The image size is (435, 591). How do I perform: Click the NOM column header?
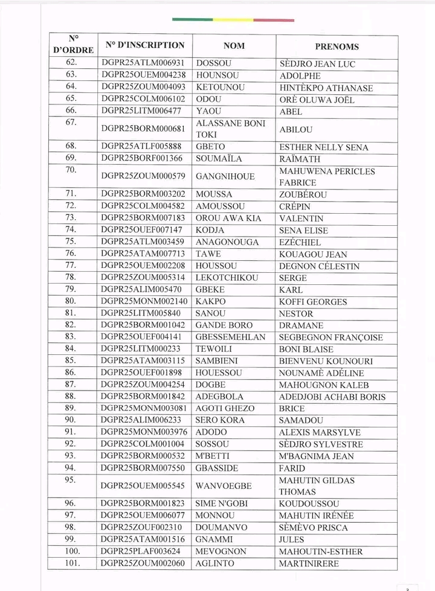pyautogui.click(x=234, y=45)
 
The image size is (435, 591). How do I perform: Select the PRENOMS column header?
pyautogui.click(x=337, y=46)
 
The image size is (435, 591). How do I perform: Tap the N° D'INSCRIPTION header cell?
pyautogui.click(x=144, y=45)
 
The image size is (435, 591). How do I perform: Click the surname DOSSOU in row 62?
pyautogui.click(x=214, y=63)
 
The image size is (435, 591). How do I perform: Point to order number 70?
pyautogui.click(x=71, y=170)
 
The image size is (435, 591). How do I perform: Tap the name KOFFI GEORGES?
pyautogui.click(x=313, y=302)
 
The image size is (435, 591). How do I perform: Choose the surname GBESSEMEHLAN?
pyautogui.click(x=231, y=337)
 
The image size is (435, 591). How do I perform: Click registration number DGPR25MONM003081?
pyautogui.click(x=144, y=409)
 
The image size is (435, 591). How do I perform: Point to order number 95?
pyautogui.click(x=71, y=480)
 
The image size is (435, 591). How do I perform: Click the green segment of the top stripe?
pyautogui.click(x=192, y=20)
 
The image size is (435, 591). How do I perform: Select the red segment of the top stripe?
pyautogui.click(x=274, y=20)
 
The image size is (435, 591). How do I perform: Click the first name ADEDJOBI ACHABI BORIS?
pyautogui.click(x=332, y=397)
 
